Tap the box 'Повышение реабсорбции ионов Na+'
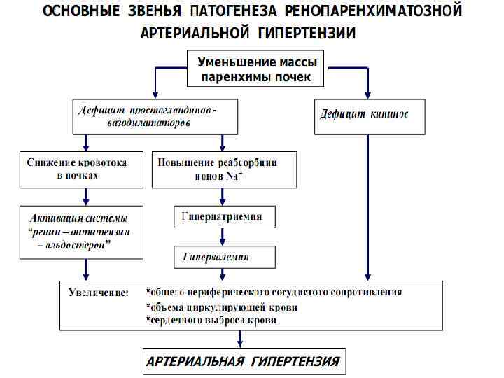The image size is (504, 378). click(x=217, y=169)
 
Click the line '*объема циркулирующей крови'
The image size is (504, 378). click(x=221, y=307)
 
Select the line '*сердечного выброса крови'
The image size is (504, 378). click(x=211, y=321)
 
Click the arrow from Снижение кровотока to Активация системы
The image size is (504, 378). click(x=85, y=195)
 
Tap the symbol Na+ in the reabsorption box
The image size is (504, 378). click(x=234, y=176)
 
